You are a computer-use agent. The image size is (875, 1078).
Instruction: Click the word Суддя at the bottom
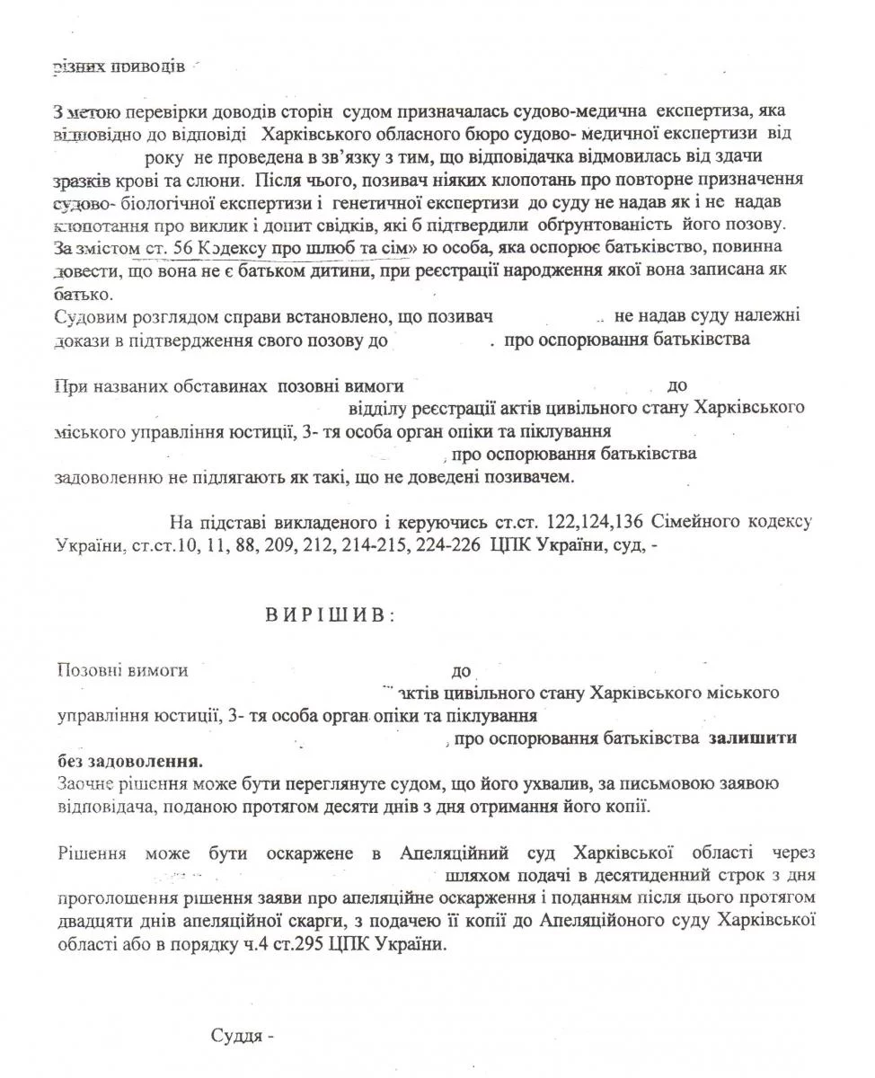[x=237, y=1034]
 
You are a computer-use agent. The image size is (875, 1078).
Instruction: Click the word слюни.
[x=217, y=179]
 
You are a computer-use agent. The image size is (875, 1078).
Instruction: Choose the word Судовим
[x=86, y=317]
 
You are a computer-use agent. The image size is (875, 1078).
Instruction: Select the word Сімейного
[x=700, y=520]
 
